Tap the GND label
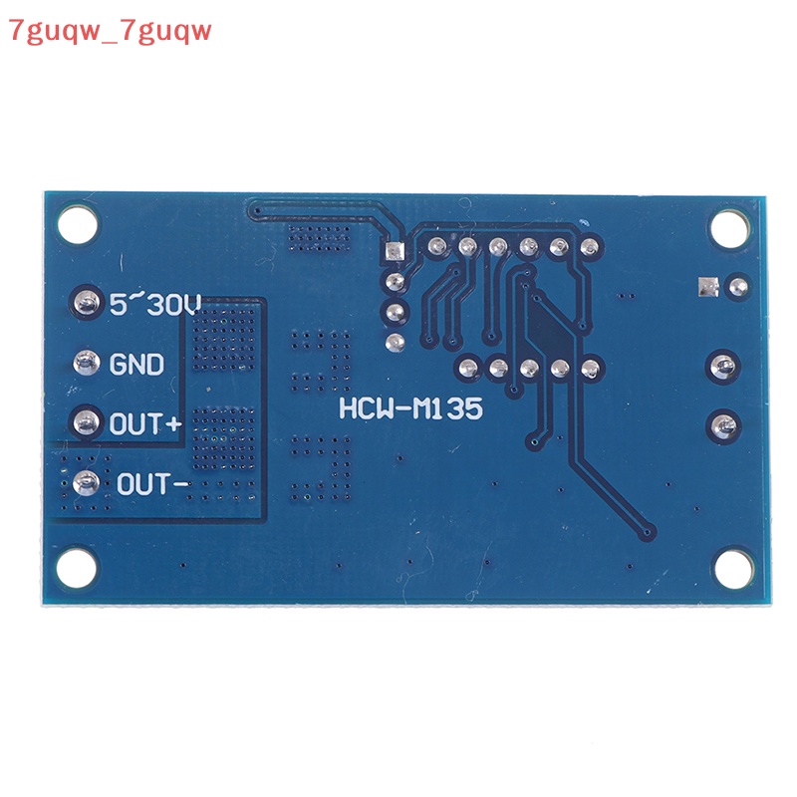pyautogui.click(x=137, y=365)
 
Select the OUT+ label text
pyautogui.click(x=146, y=424)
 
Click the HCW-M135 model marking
pyautogui.click(x=410, y=409)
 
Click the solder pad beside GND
pyautogui.click(x=88, y=362)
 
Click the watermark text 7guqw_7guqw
pyautogui.click(x=109, y=31)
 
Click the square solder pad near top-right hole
pyautogui.click(x=707, y=287)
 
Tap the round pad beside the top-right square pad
pyautogui.click(x=736, y=287)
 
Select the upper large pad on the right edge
pyautogui.click(x=723, y=365)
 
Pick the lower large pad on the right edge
pyautogui.click(x=723, y=426)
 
